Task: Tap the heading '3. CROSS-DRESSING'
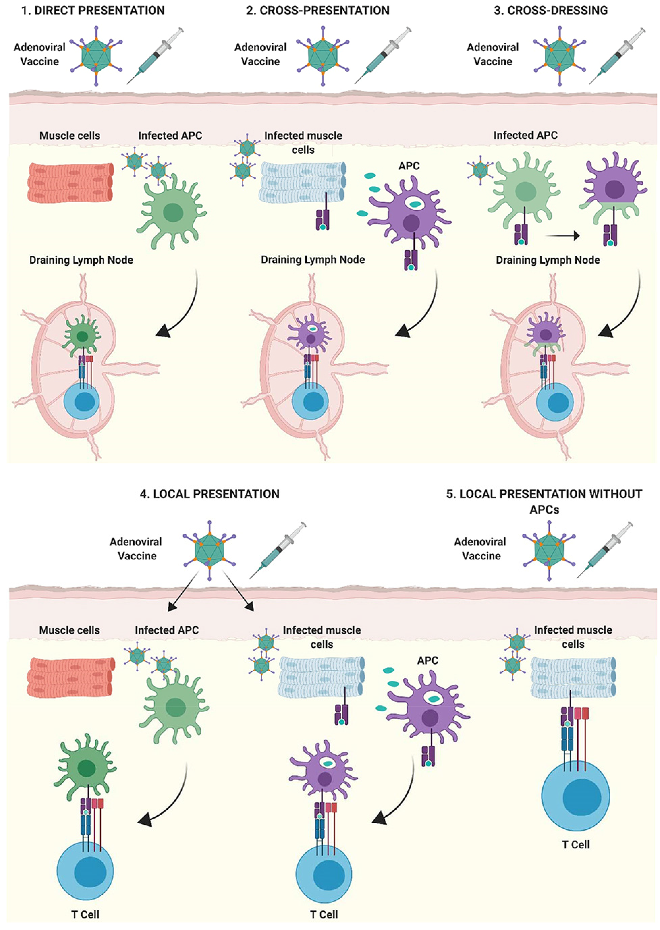(x=551, y=10)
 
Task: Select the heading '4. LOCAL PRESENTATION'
(x=209, y=494)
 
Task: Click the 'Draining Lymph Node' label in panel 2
(x=313, y=260)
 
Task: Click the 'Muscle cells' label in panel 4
(x=69, y=630)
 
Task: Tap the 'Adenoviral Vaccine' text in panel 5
(x=481, y=548)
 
